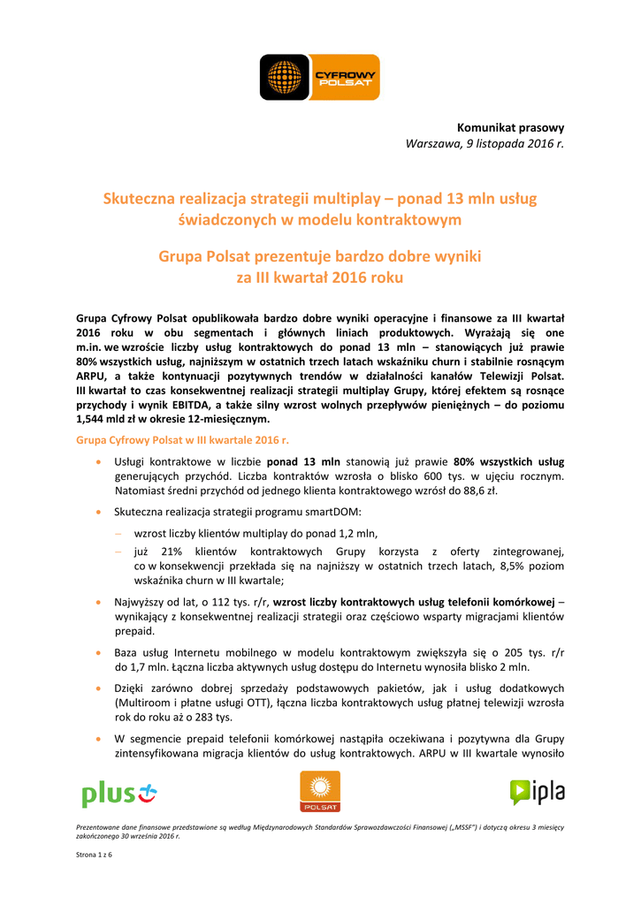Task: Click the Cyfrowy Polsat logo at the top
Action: [319, 76]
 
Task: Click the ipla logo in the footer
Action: [537, 792]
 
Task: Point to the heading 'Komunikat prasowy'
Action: [510, 128]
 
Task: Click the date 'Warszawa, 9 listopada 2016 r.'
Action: [485, 143]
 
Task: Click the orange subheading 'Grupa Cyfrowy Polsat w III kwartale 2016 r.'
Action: [183, 439]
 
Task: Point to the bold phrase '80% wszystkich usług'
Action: [508, 461]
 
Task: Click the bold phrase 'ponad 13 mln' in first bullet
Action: [303, 461]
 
